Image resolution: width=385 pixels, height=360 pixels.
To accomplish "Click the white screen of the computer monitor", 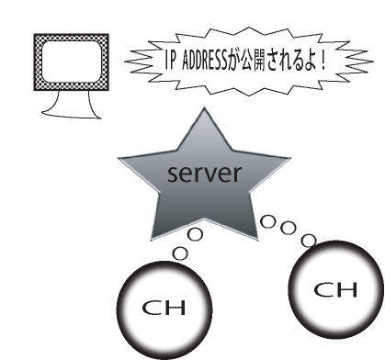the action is click(x=72, y=62).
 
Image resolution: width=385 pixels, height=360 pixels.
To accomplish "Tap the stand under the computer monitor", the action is click(x=72, y=105).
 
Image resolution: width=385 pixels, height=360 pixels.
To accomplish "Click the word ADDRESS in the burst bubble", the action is click(x=205, y=61).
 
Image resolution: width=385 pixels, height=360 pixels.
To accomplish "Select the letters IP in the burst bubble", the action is click(x=170, y=61).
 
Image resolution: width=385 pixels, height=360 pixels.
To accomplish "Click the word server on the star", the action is click(x=205, y=174).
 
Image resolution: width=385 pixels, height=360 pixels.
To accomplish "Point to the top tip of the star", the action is click(x=204, y=107).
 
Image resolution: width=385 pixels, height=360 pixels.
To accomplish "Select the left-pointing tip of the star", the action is click(x=119, y=158).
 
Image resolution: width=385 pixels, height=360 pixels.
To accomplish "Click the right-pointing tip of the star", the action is click(x=289, y=158).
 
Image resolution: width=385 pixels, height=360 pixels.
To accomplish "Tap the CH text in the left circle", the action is click(x=164, y=308).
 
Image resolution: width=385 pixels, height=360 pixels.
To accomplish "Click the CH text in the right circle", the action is click(x=335, y=289).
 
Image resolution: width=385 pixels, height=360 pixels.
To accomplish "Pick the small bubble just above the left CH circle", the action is click(x=180, y=253).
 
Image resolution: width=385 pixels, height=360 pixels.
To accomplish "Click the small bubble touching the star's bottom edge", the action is click(x=195, y=234).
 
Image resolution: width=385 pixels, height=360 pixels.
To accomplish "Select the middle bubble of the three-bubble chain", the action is click(x=289, y=228).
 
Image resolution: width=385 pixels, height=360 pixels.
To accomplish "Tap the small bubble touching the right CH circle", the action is click(x=309, y=241).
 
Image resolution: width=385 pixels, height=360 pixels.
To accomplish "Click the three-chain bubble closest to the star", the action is click(x=268, y=221).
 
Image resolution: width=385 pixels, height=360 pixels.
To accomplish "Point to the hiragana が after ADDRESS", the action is click(x=234, y=61).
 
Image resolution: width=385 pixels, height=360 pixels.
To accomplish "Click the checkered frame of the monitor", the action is click(x=38, y=62).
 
